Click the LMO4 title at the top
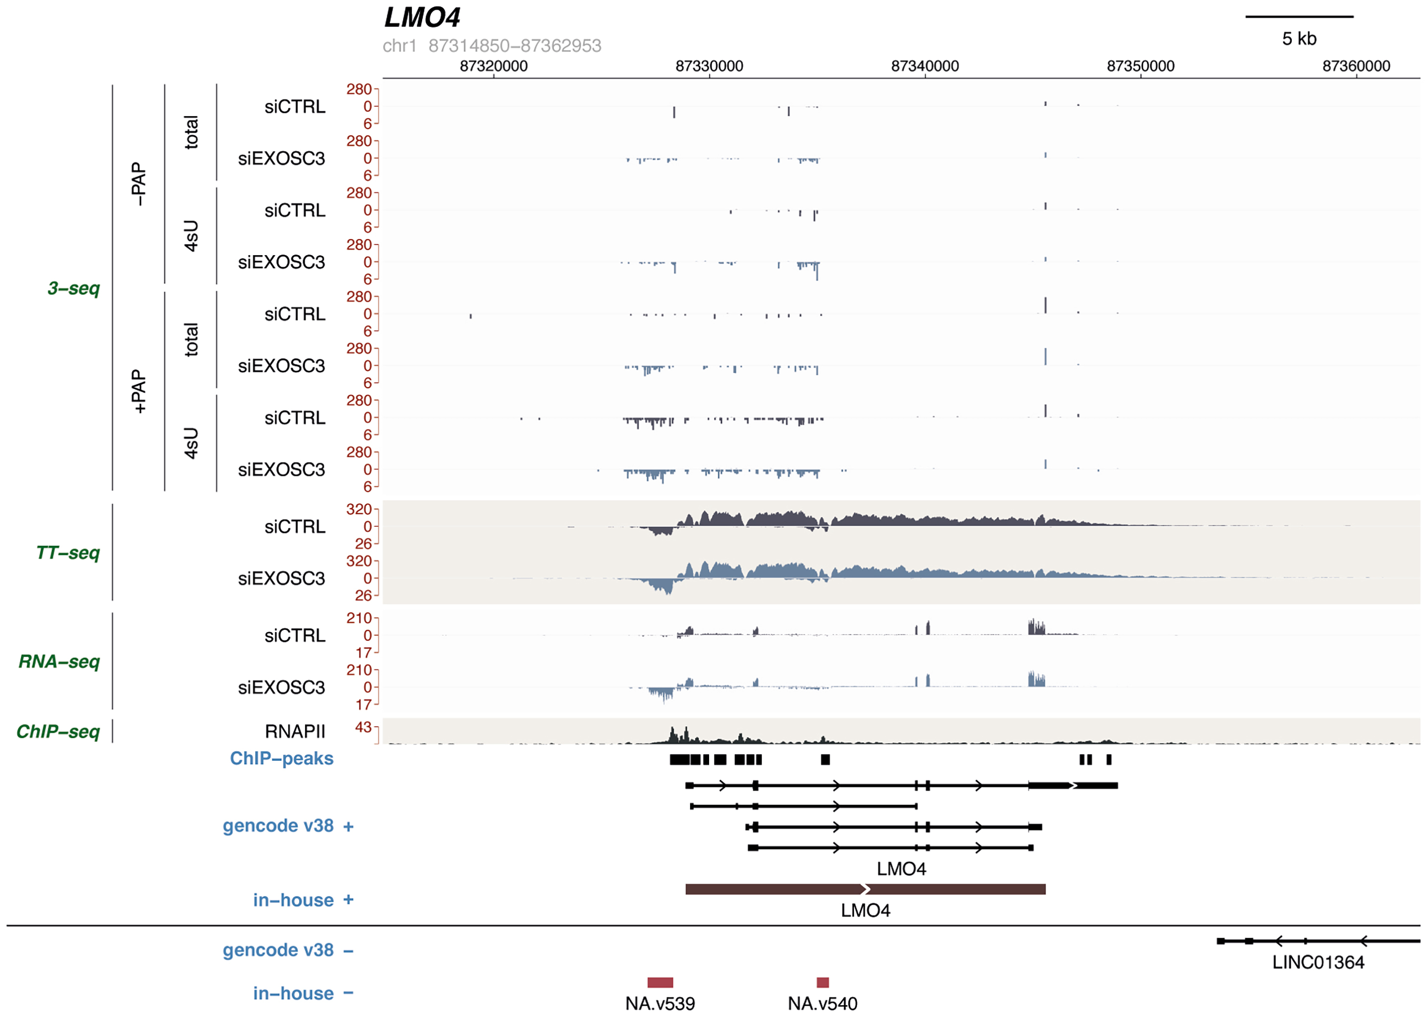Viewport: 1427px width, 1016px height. tap(422, 18)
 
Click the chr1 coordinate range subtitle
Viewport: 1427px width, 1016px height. tap(492, 46)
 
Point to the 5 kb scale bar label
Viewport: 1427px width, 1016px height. tap(1299, 39)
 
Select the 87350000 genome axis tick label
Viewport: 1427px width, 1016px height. tap(1140, 66)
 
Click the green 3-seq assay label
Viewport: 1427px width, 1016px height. tap(74, 288)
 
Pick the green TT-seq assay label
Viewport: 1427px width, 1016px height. tap(68, 553)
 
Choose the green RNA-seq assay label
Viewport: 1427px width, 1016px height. tap(59, 662)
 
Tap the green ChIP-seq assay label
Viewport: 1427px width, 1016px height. tap(58, 732)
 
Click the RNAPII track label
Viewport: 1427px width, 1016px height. tap(295, 732)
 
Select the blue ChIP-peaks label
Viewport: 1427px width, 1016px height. tap(282, 758)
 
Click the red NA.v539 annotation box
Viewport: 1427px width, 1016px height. tap(660, 982)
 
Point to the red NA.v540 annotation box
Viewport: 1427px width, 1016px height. tap(822, 982)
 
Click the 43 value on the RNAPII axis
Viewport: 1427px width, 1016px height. tap(363, 727)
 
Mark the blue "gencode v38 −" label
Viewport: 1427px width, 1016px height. tap(288, 950)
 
